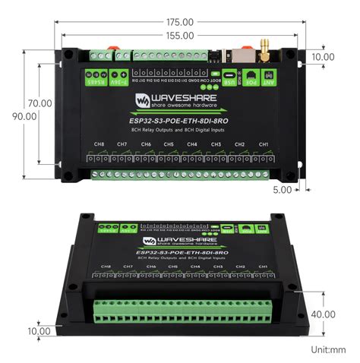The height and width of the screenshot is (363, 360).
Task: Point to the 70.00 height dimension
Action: (x=39, y=103)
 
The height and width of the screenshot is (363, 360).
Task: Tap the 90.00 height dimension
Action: (x=24, y=116)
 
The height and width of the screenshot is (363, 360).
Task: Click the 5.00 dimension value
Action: (x=282, y=190)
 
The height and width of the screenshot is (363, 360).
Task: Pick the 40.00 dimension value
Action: (x=322, y=314)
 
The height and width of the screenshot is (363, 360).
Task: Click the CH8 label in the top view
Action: (x=98, y=144)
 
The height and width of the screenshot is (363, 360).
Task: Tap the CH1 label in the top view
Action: (x=263, y=144)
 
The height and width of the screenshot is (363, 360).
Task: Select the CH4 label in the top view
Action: (x=192, y=144)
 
